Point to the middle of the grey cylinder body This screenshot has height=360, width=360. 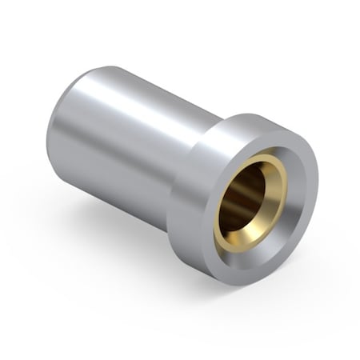120,140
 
